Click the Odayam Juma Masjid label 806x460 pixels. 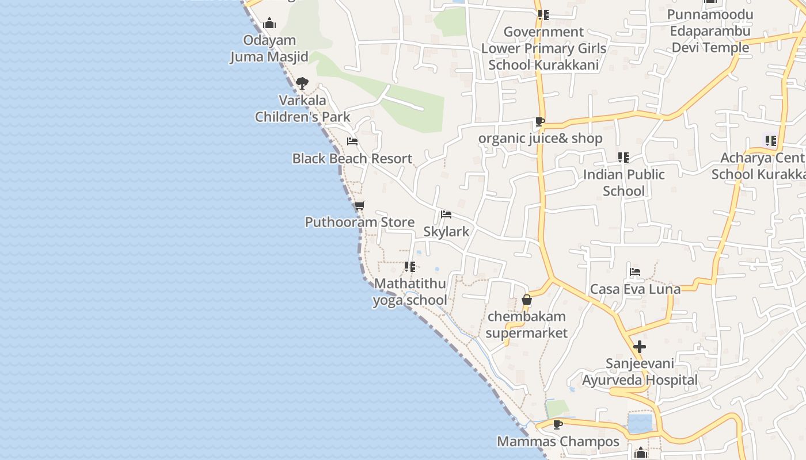(x=269, y=48)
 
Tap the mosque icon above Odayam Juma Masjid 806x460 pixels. (x=269, y=24)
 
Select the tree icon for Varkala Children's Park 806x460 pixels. (x=302, y=83)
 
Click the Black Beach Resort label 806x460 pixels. (x=352, y=159)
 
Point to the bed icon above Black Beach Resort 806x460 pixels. (x=352, y=141)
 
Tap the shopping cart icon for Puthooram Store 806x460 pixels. (x=360, y=205)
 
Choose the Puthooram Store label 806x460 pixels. (x=359, y=222)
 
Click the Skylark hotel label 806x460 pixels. (x=446, y=231)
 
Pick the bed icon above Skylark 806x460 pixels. (x=446, y=214)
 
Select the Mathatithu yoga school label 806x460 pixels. (x=410, y=292)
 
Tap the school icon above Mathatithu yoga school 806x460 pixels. (x=410, y=267)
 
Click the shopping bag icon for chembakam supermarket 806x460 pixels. (x=526, y=300)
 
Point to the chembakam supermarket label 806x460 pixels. (x=526, y=324)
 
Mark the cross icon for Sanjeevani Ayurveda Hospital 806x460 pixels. (x=639, y=347)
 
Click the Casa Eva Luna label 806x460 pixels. (x=635, y=289)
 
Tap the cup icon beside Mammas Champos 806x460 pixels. (x=557, y=424)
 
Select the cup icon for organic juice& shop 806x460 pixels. (x=539, y=121)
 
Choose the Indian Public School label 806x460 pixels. (x=624, y=182)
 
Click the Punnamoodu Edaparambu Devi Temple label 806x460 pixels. (x=710, y=31)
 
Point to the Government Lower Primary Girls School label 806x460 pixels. (x=543, y=48)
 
